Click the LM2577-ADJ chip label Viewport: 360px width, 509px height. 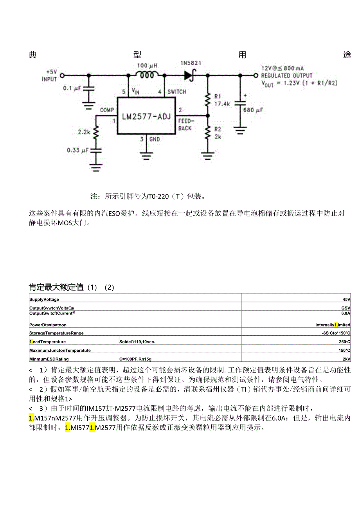tap(146, 116)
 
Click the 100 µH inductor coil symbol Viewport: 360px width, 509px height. tap(147, 74)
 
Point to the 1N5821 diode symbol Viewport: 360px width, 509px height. tap(189, 75)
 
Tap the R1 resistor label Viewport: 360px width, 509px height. tap(218, 96)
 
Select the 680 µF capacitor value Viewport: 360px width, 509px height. tap(254, 110)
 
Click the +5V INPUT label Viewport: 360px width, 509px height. tap(50, 76)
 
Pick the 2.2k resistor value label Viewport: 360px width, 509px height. tap(84, 132)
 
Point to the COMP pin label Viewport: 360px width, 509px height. tap(107, 110)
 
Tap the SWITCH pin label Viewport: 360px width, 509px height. tap(177, 92)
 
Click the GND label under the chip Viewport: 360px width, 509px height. tap(154, 139)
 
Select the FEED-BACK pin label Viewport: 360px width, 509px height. tap(185, 125)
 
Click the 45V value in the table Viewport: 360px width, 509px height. tap(346, 299)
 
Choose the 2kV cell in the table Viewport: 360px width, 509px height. tap(346, 359)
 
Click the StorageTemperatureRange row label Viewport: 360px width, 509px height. tap(56, 333)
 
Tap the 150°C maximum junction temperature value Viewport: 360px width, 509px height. tap(344, 350)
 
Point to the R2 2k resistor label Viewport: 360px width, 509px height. tap(218, 133)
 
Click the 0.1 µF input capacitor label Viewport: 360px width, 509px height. tap(72, 88)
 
